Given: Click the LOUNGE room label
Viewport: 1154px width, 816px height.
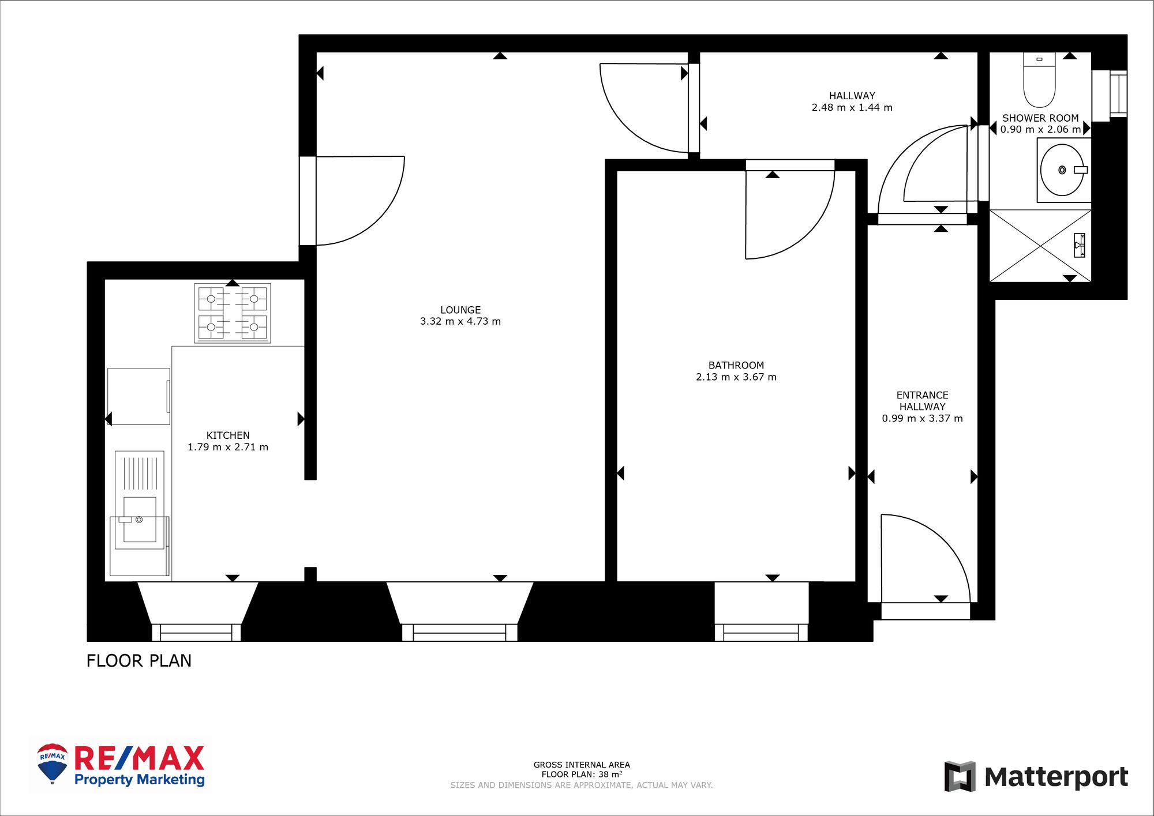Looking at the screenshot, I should click(460, 310).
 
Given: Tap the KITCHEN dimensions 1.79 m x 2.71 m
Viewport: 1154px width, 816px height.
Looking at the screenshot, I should click(228, 447).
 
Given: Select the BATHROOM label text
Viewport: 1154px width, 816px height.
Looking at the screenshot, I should click(736, 365).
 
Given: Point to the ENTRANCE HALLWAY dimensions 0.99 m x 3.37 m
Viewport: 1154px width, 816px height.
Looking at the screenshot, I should click(922, 418).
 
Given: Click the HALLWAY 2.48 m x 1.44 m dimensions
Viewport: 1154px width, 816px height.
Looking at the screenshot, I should click(852, 107).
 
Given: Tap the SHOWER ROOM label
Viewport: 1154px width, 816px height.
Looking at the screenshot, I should click(1040, 118).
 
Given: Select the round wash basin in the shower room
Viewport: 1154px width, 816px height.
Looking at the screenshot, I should click(1062, 170).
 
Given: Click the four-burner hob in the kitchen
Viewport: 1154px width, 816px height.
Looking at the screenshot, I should click(233, 313).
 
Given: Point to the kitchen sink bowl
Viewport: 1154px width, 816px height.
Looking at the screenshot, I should click(140, 519).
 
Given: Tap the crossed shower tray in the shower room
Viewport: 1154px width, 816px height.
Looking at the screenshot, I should click(1040, 246).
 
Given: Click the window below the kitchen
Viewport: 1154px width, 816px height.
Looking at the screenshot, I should click(196, 632).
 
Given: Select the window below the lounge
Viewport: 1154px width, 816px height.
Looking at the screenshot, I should click(459, 632).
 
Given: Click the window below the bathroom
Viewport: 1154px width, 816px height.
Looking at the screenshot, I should click(761, 632).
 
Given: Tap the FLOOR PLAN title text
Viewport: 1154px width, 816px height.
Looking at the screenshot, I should click(138, 660).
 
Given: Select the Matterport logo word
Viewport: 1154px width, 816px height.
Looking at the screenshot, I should click(1055, 777).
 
